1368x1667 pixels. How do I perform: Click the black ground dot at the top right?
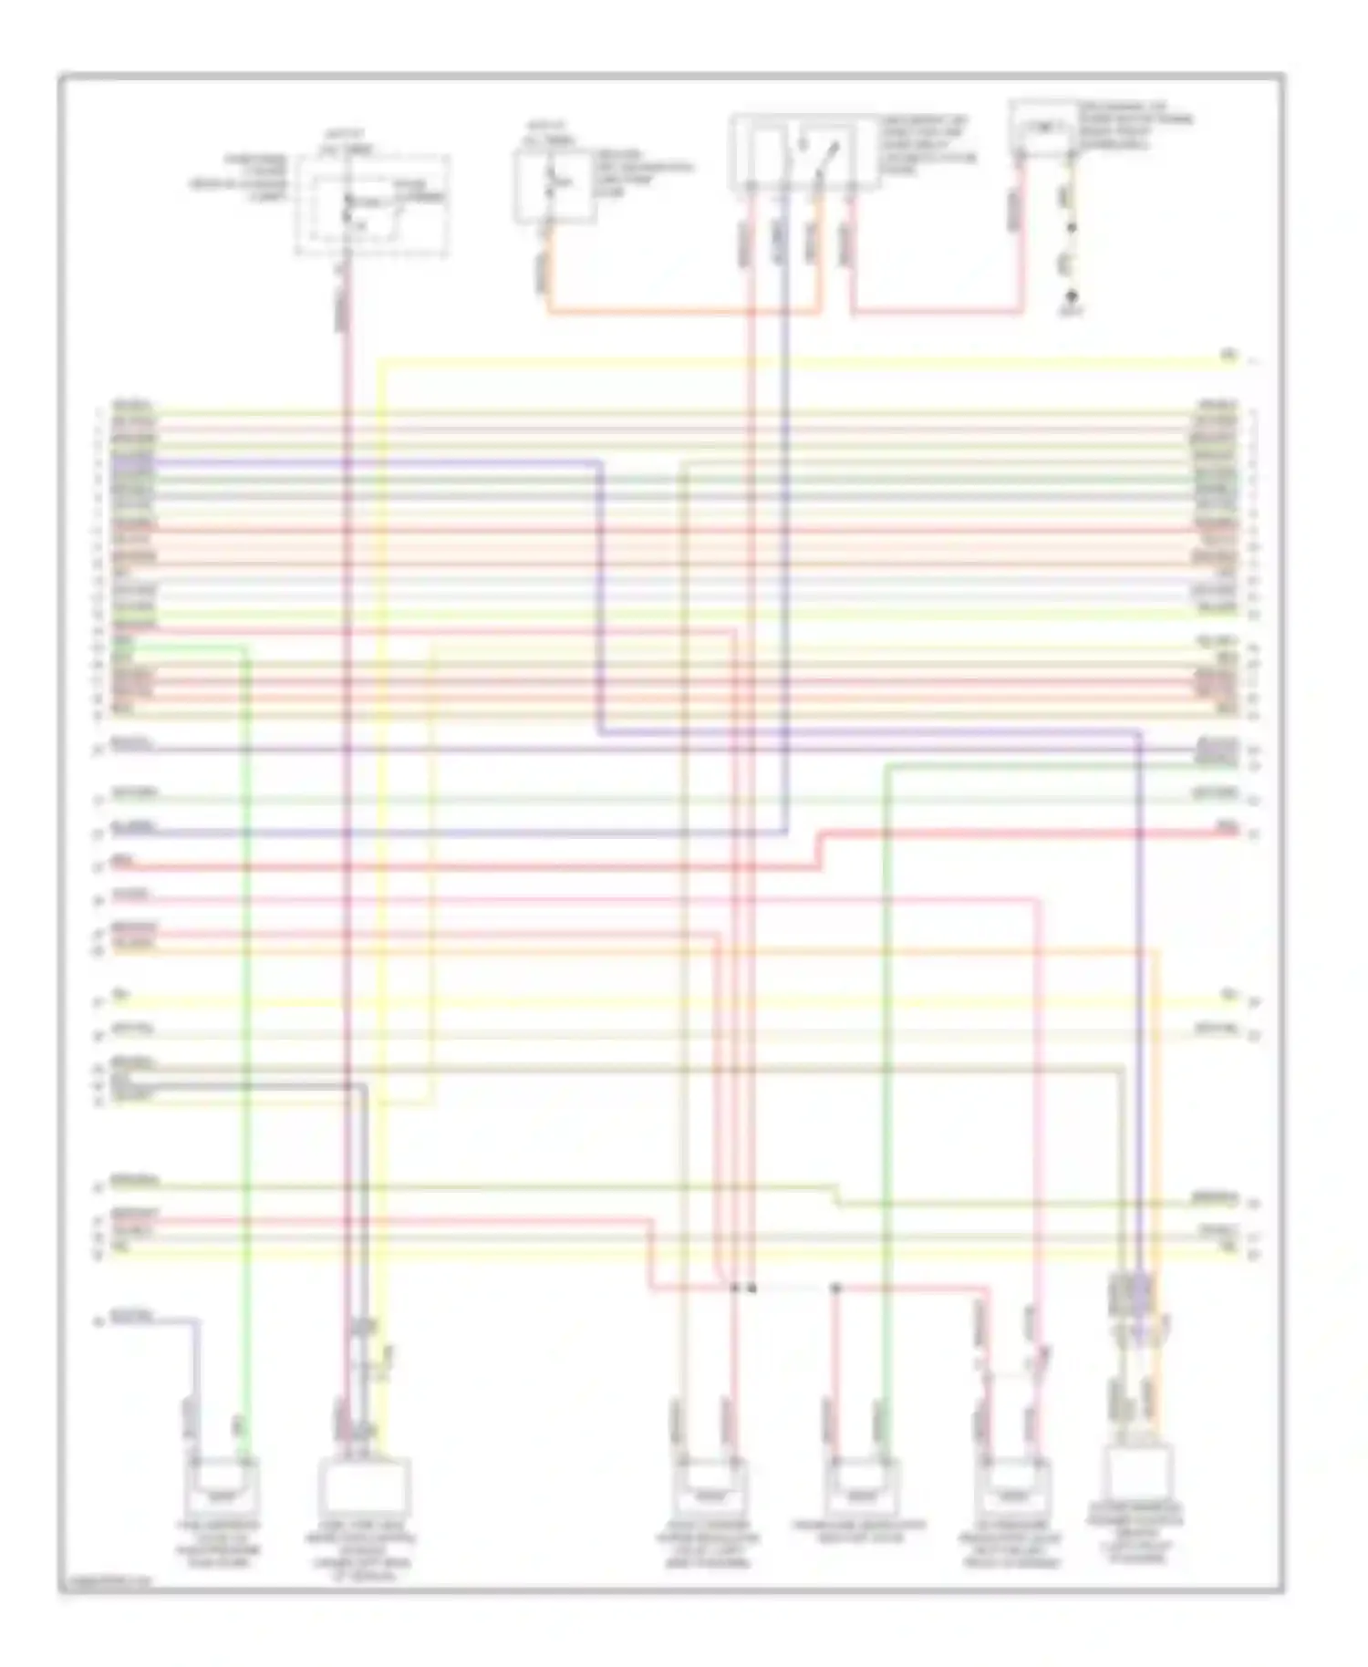click(1073, 295)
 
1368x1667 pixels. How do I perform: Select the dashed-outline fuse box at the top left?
click(372, 205)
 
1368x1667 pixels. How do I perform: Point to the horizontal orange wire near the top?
click(684, 313)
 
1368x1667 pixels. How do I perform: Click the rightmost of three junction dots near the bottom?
click(835, 1288)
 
